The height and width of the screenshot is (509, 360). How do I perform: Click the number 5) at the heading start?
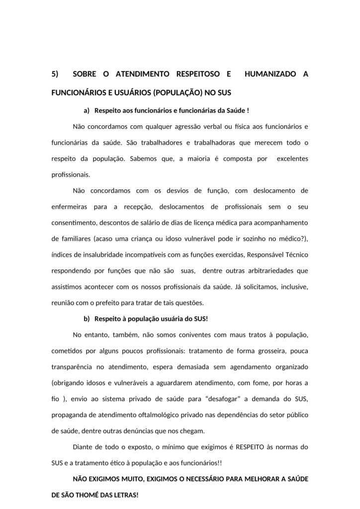(x=55, y=75)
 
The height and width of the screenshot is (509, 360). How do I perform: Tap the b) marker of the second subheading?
(x=87, y=318)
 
